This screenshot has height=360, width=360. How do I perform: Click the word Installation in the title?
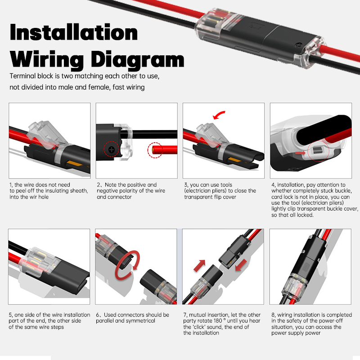74,33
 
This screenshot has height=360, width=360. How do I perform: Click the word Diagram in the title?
138,59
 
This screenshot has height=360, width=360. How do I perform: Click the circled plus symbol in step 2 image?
111,150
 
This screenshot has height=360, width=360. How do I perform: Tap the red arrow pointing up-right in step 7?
200,265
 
